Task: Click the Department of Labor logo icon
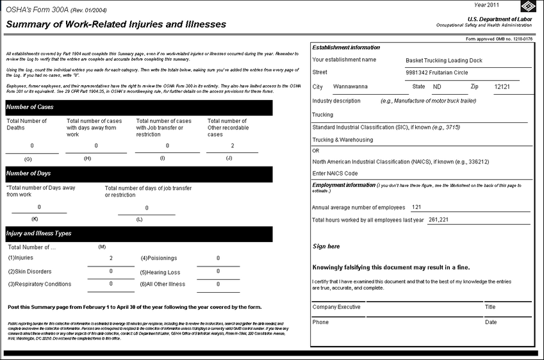tap(529, 8)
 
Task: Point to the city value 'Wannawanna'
tap(350, 86)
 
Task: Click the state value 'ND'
tap(437, 86)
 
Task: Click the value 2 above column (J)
tap(232, 146)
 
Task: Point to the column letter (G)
tap(28, 158)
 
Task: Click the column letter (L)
tap(139, 220)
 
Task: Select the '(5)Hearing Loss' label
tap(160, 272)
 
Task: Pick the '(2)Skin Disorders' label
tap(29, 272)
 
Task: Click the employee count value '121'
tap(416, 208)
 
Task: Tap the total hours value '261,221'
tap(438, 220)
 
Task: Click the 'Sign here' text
tap(326, 247)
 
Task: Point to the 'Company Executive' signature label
tap(336, 307)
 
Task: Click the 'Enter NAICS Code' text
tap(334, 174)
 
